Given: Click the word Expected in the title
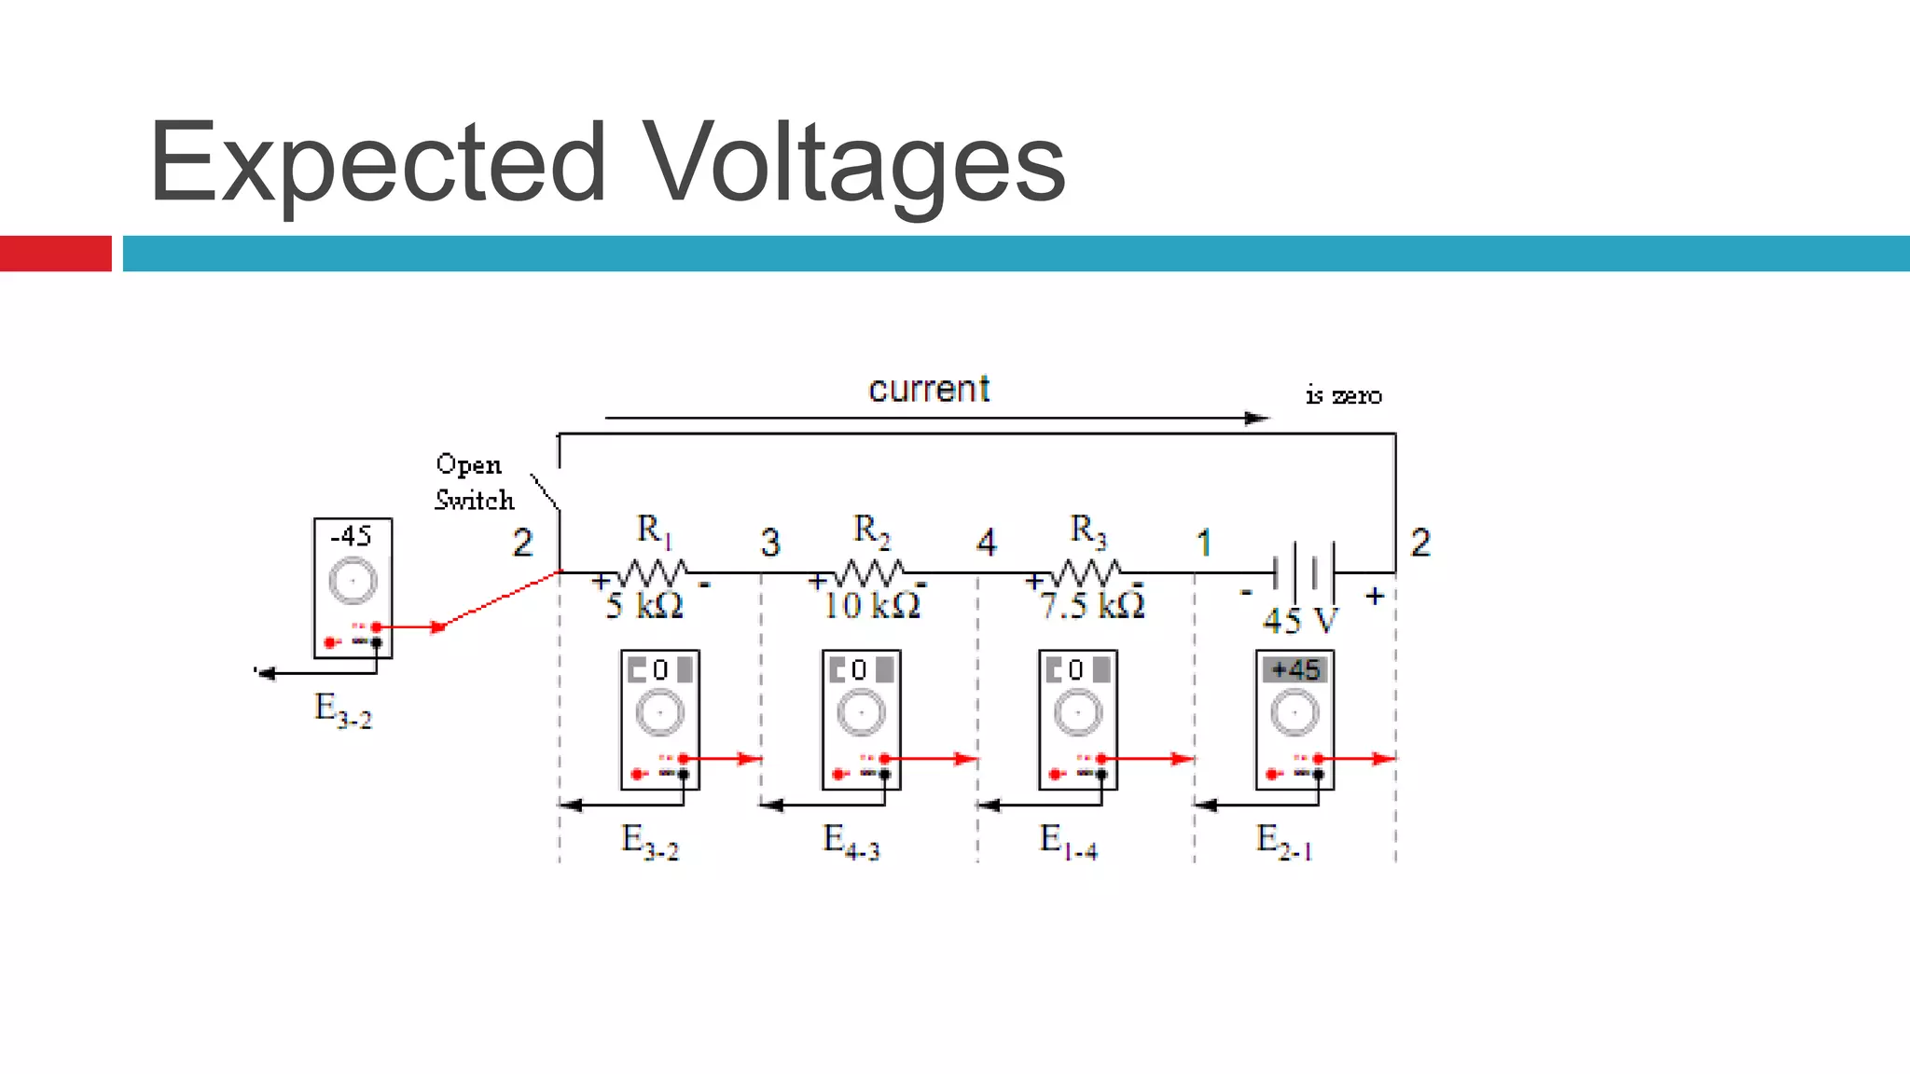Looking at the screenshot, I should [378, 163].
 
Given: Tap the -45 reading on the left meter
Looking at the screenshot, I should [352, 536].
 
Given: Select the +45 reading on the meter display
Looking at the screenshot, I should [1295, 669].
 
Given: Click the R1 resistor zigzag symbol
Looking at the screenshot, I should [654, 571].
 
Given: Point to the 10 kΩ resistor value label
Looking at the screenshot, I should [871, 606].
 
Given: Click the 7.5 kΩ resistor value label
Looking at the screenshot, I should [1092, 606].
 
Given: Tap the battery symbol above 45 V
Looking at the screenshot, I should [1304, 571].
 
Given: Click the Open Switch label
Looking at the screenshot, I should [474, 482].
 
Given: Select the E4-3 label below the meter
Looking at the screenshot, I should [851, 841].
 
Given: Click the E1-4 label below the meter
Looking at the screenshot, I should [1068, 841].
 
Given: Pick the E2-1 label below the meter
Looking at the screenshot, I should [1284, 841].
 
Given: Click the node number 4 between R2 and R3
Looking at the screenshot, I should [986, 543].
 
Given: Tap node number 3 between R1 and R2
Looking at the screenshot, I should [769, 543].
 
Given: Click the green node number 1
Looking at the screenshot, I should [1203, 543].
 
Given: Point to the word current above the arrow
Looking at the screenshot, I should [929, 389].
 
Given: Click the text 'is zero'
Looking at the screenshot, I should [1343, 395].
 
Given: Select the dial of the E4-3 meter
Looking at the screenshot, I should [861, 713].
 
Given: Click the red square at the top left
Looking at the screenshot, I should [56, 254].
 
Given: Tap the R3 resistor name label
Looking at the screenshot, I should [1087, 530].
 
